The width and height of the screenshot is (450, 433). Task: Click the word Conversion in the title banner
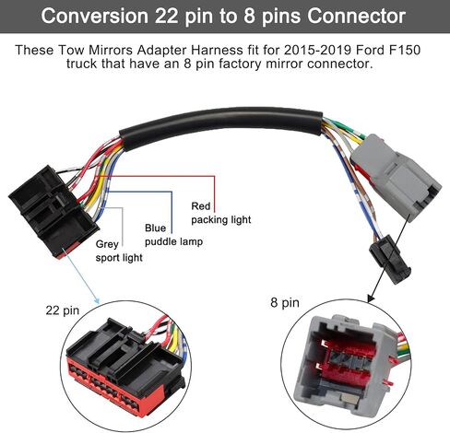tap(95, 16)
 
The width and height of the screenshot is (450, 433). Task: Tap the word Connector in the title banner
tap(357, 16)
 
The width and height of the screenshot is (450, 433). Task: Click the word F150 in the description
tap(405, 50)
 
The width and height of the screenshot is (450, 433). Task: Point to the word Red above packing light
tap(201, 206)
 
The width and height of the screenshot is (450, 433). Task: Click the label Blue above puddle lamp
tap(155, 228)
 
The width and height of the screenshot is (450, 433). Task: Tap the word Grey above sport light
tap(107, 244)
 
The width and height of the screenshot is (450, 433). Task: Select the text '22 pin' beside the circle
tap(63, 310)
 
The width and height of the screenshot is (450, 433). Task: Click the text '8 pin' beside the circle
tap(285, 302)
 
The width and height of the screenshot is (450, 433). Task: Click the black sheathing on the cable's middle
tap(221, 123)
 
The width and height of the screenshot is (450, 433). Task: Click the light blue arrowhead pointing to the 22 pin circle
tap(97, 300)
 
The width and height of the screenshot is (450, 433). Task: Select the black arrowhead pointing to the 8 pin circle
tap(371, 298)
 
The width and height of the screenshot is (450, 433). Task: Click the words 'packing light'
tap(221, 220)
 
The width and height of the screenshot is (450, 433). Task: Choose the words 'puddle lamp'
tap(173, 242)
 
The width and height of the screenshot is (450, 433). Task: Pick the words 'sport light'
tap(119, 258)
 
